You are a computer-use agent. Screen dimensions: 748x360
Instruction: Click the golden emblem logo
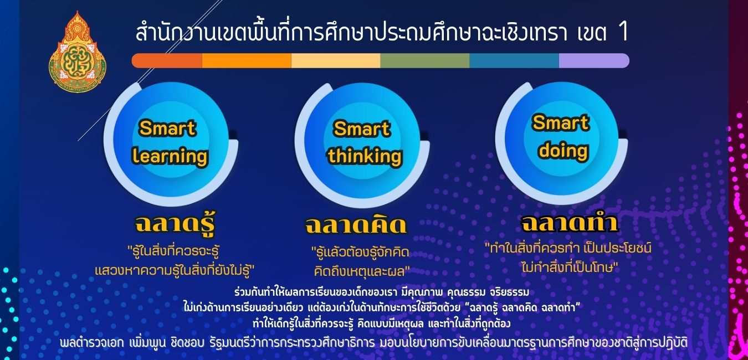point(78,52)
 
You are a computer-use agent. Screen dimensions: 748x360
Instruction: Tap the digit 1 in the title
point(623,32)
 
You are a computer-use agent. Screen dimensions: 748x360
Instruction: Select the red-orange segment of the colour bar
point(167,61)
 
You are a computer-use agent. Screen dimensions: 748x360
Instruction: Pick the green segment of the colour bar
point(425,61)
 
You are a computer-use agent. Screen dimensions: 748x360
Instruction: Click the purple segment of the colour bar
point(594,61)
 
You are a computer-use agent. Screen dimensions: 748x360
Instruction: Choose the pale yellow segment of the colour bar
point(336,61)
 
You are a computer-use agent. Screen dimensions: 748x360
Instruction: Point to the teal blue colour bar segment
point(514,61)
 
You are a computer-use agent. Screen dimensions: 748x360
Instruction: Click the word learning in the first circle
point(170,156)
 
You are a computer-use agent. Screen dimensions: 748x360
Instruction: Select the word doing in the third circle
point(563,151)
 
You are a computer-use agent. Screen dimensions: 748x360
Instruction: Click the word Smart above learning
point(168,128)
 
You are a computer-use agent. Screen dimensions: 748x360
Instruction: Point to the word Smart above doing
point(561,122)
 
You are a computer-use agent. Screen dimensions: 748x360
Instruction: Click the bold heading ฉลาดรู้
point(175,223)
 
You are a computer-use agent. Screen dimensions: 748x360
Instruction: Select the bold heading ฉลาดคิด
point(356,225)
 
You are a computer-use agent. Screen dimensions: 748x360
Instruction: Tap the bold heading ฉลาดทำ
point(570,222)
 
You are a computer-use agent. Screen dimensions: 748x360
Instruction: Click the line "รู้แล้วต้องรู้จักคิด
point(360,252)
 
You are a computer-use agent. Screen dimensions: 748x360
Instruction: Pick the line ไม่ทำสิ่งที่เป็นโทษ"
point(570,268)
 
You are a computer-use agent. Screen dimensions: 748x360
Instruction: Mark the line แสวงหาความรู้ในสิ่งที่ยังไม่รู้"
point(175,270)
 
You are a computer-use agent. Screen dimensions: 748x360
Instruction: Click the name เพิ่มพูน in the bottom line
point(147,343)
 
